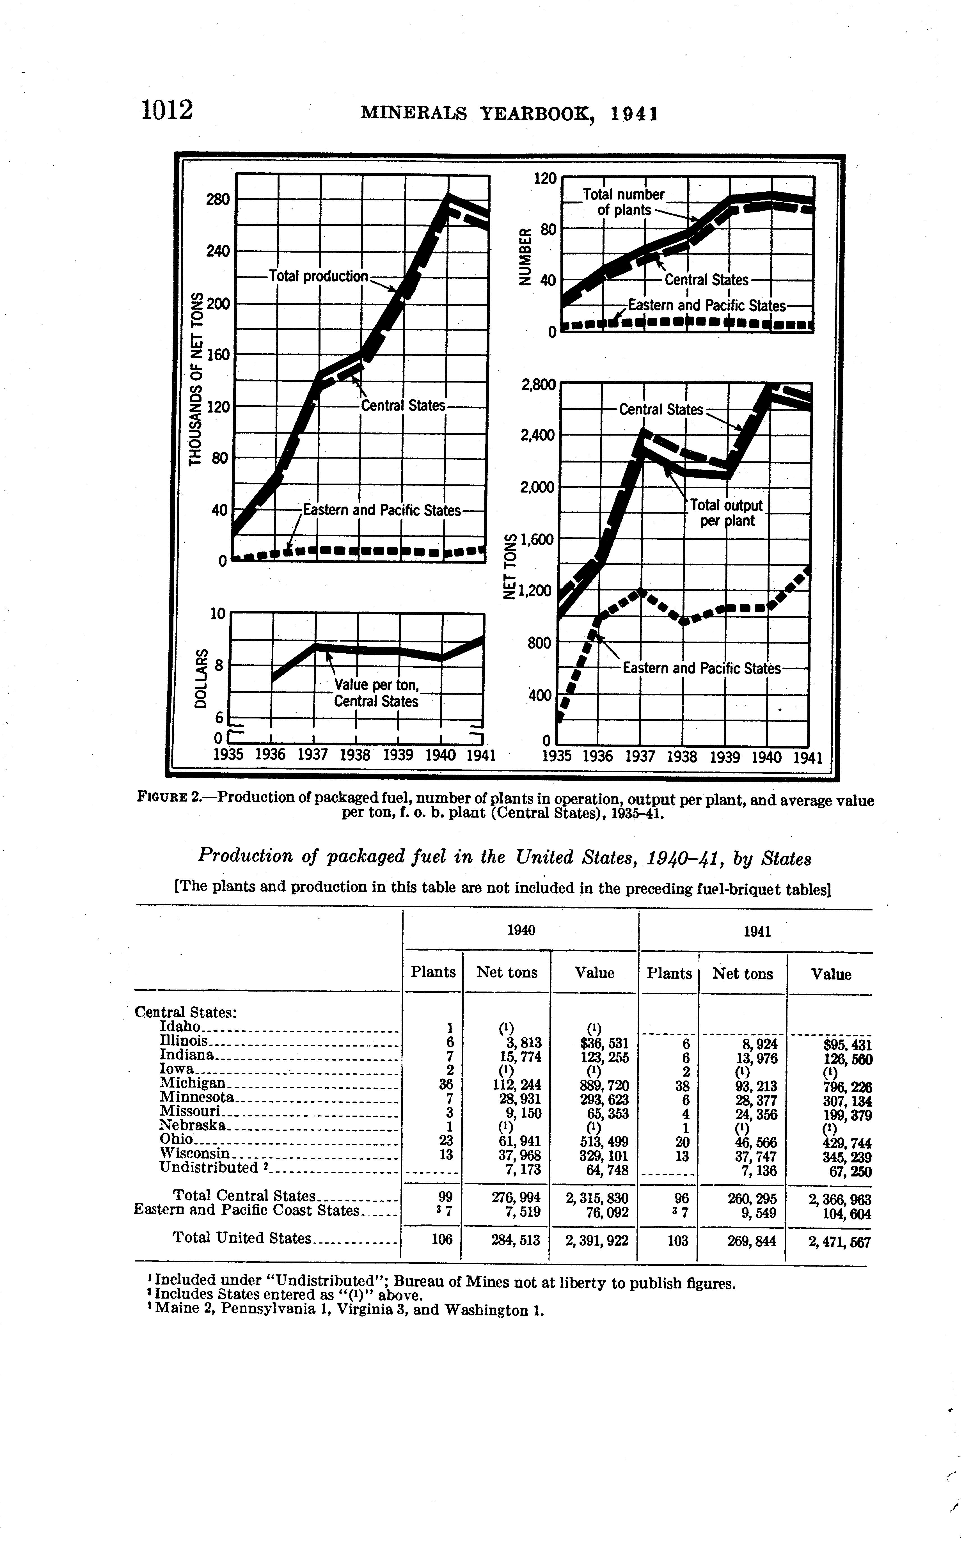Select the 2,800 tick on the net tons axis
(537, 385)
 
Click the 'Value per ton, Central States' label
(376, 693)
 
